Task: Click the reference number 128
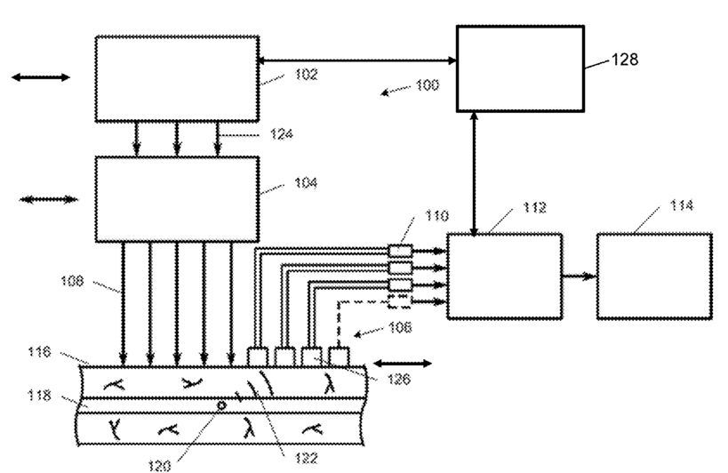pyautogui.click(x=625, y=60)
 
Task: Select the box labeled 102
pyautogui.click(x=177, y=79)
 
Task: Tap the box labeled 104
pyautogui.click(x=177, y=199)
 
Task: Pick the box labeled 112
pyautogui.click(x=505, y=277)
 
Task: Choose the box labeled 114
pyautogui.click(x=654, y=277)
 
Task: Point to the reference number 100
pyautogui.click(x=428, y=85)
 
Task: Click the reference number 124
pyautogui.click(x=282, y=134)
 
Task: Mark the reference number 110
pyautogui.click(x=437, y=216)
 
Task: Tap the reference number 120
pyautogui.click(x=159, y=466)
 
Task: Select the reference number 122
pyautogui.click(x=306, y=459)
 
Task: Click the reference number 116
pyautogui.click(x=39, y=352)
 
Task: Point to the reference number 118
pyautogui.click(x=39, y=396)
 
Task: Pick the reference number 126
pyautogui.click(x=399, y=380)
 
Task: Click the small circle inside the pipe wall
pyautogui.click(x=222, y=405)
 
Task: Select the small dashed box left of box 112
pyautogui.click(x=399, y=301)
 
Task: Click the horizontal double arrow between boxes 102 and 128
pyautogui.click(x=356, y=60)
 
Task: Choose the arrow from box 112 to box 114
pyautogui.click(x=579, y=277)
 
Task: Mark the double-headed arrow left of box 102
pyautogui.click(x=41, y=77)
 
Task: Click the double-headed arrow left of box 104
pyautogui.click(x=48, y=199)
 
